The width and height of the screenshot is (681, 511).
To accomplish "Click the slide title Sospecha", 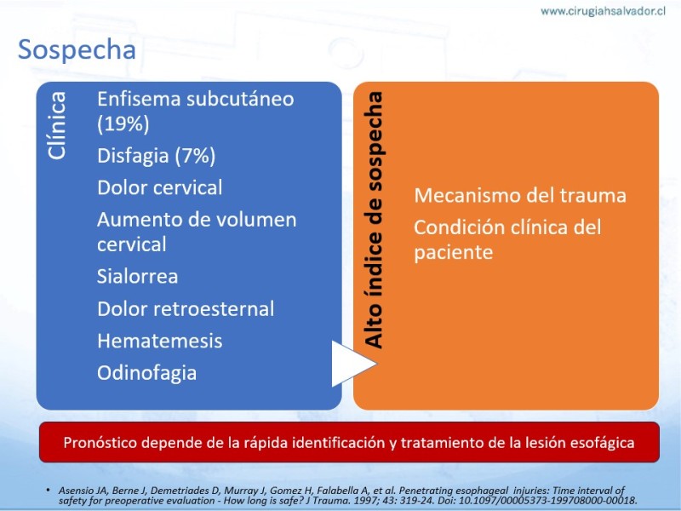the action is (x=77, y=50).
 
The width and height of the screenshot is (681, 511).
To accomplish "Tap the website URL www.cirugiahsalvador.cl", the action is (x=604, y=11).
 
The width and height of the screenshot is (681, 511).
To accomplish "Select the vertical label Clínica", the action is (x=57, y=125).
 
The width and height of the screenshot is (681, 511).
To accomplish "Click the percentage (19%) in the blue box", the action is (x=123, y=123).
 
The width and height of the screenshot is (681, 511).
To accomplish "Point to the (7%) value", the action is (x=195, y=156).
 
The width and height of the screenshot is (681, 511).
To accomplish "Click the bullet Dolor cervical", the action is (x=160, y=187).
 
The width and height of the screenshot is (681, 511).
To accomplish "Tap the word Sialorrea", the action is (x=137, y=276).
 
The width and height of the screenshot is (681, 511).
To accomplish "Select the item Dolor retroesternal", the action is (x=186, y=309).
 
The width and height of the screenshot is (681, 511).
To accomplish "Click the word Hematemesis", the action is (x=160, y=342).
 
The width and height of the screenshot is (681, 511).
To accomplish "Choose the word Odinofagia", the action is (x=146, y=373).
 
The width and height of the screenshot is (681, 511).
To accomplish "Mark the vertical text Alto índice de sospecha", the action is (x=374, y=220).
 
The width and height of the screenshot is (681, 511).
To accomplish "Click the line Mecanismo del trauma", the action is (x=520, y=196).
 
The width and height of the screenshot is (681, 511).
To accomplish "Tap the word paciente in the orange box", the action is (x=454, y=252).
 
